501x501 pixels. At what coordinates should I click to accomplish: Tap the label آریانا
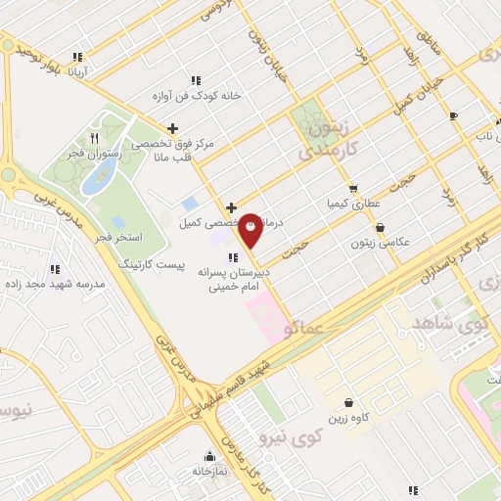[77, 71]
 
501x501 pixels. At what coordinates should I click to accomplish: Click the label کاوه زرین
[349, 418]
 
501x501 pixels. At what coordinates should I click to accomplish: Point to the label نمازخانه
[208, 471]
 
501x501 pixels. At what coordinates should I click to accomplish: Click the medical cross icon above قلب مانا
[173, 127]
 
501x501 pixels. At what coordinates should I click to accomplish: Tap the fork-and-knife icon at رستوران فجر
[94, 138]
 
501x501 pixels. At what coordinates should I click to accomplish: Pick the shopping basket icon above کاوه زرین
[349, 402]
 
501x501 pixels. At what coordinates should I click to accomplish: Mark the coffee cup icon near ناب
[453, 116]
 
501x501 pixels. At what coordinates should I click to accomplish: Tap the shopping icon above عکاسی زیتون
[380, 227]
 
